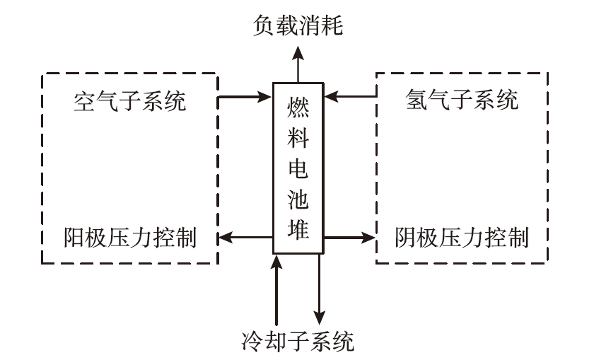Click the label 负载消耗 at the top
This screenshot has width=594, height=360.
pos(298,26)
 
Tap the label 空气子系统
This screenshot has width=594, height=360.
pos(130,101)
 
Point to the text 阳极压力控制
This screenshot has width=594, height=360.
pos(130,237)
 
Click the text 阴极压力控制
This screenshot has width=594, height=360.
pos(462,237)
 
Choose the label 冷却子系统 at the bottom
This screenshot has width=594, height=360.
pos(297,342)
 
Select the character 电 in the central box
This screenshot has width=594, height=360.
pos(298,170)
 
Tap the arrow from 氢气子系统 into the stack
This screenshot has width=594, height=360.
pos(351,95)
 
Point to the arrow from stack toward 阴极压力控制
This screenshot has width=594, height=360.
pos(351,237)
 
